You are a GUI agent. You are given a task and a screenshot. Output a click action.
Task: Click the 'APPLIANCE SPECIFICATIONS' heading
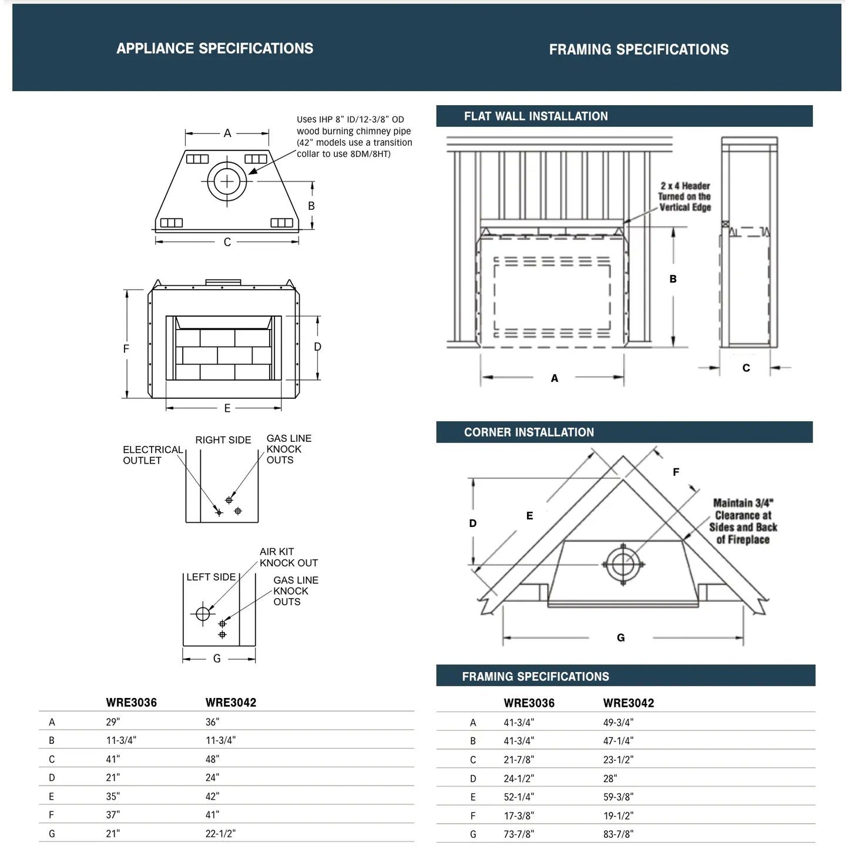click(214, 48)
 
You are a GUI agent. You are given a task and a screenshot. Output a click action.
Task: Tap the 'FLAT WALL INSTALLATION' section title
click(535, 116)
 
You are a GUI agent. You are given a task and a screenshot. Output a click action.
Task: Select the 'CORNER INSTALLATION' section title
click(529, 432)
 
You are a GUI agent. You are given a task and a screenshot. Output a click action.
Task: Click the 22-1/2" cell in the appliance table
click(220, 833)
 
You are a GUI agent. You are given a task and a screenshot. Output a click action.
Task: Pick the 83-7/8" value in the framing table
click(618, 834)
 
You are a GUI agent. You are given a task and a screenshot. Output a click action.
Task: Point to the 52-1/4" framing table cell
click(519, 797)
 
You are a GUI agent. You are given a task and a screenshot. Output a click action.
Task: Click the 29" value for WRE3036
click(113, 722)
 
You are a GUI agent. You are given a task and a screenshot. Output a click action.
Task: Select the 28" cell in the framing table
click(610, 778)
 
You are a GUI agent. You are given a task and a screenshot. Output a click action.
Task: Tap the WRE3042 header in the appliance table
click(230, 702)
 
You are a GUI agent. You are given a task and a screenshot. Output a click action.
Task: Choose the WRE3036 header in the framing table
click(529, 703)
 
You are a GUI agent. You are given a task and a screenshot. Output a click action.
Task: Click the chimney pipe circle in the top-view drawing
click(227, 181)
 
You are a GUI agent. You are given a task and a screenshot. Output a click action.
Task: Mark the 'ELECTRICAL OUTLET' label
click(152, 455)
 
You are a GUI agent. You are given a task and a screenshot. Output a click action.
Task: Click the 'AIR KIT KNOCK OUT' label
click(288, 557)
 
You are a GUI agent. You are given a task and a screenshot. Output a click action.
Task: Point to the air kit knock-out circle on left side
click(203, 614)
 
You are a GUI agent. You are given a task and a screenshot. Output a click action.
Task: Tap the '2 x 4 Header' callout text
click(684, 196)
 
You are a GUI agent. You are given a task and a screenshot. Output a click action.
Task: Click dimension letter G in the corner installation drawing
click(620, 637)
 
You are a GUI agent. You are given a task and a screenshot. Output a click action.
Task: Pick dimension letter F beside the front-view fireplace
click(126, 348)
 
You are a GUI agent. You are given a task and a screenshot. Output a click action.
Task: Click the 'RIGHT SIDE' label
click(223, 440)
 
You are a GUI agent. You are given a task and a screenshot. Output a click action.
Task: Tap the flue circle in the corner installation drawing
click(622, 565)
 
